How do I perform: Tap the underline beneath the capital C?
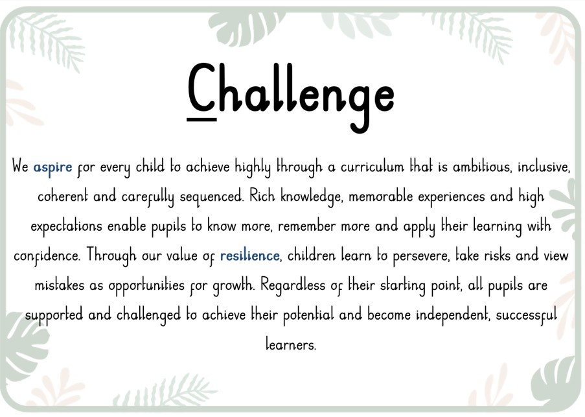(201, 119)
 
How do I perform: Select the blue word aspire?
(52, 167)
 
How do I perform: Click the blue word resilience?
(249, 256)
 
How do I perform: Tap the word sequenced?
(212, 197)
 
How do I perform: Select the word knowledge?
(311, 197)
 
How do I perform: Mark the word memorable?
(380, 196)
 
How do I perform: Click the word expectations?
(67, 226)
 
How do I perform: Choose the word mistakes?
(60, 285)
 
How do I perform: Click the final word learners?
(291, 344)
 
